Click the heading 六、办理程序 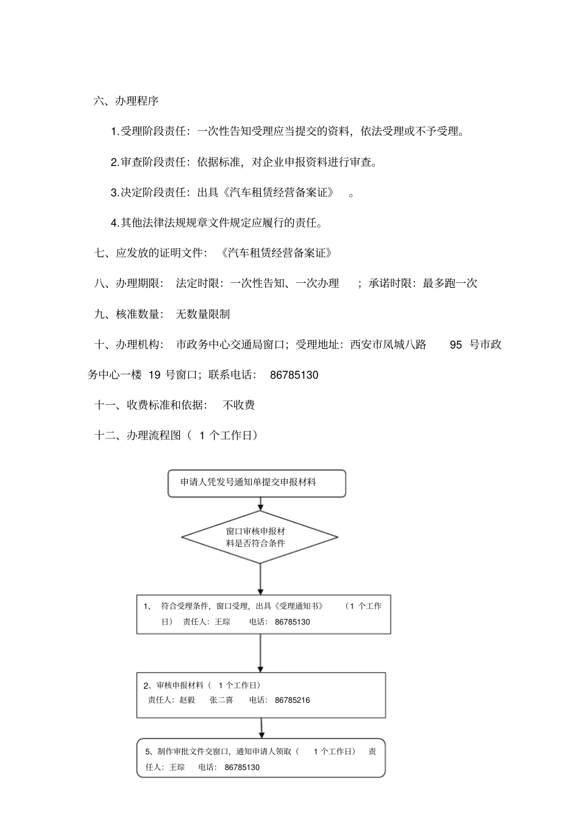coord(126,101)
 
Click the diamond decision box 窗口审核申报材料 coord(260,537)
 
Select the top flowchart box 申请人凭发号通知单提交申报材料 coord(257,483)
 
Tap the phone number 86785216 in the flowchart coord(292,701)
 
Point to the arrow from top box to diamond coord(261,504)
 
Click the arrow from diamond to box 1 coord(261,579)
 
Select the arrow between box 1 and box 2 coord(261,653)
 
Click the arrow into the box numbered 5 coord(262,728)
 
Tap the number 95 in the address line coord(456,345)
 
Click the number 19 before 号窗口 coord(154,376)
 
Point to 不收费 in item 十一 coord(239,405)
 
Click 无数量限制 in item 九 coord(203,315)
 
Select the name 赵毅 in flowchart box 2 coord(187,701)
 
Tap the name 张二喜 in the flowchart coord(221,701)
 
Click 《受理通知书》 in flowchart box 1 coord(299,606)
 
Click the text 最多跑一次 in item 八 coord(450,283)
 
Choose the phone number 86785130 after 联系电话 coord(294,376)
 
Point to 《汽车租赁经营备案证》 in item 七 coord(277,253)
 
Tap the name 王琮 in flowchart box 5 coord(177,768)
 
